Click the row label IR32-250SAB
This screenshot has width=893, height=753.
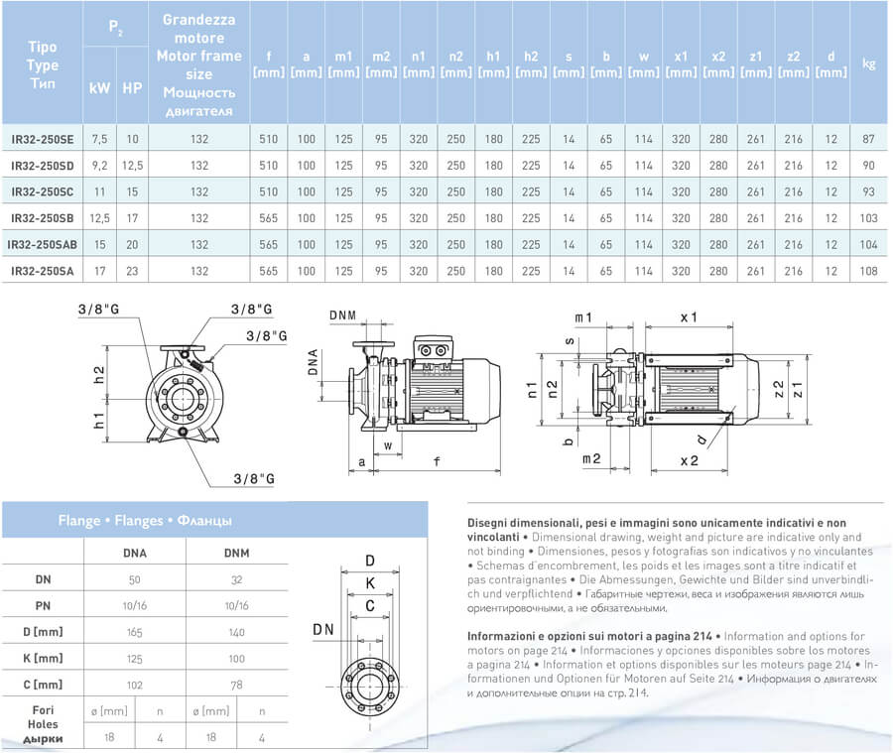(42, 245)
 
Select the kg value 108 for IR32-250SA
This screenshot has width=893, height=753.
(868, 271)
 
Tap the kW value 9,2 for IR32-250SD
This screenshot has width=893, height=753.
(99, 166)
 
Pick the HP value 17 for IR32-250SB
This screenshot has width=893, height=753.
(132, 218)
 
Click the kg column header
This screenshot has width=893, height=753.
(868, 63)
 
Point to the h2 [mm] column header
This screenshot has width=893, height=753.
(531, 64)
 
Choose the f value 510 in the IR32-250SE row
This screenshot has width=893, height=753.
(268, 139)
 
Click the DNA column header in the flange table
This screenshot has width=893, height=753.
(135, 553)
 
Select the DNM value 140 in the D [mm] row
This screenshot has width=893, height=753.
(236, 632)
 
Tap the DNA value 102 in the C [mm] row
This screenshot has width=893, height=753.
(134, 685)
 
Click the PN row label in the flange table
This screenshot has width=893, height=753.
(43, 605)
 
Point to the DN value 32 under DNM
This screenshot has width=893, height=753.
(236, 579)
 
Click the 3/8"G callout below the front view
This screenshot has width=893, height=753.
(254, 479)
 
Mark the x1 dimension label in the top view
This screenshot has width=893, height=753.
(689, 317)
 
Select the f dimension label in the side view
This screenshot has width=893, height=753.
(437, 460)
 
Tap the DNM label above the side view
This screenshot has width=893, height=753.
(343, 315)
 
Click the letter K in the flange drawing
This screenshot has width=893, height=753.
(370, 583)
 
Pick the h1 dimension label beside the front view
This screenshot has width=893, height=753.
(98, 421)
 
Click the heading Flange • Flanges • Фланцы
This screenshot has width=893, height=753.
(145, 521)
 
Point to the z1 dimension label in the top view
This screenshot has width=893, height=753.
(798, 390)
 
